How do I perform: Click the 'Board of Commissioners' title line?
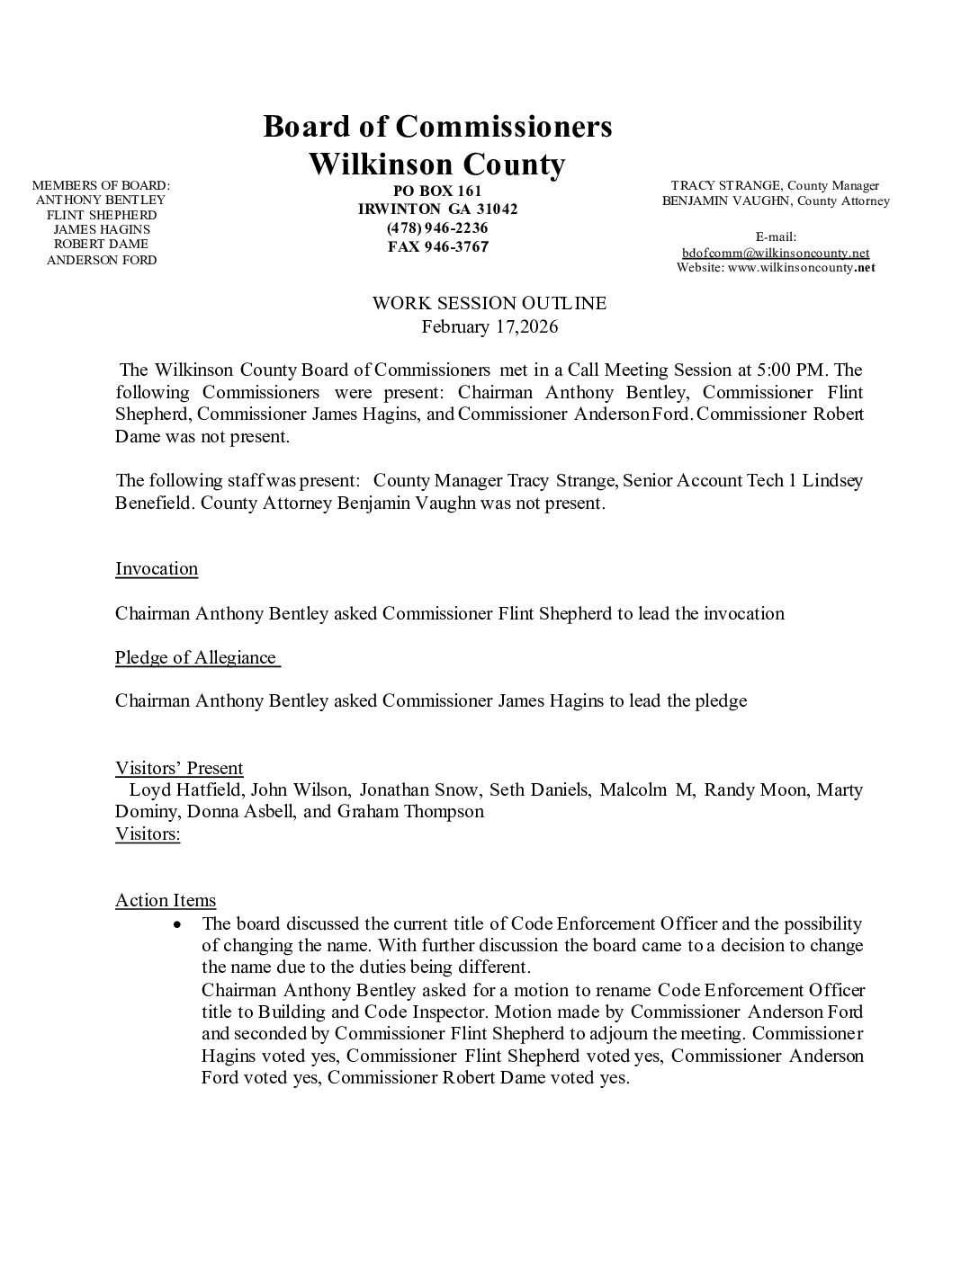coord(437,126)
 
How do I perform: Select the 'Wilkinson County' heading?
coord(437,165)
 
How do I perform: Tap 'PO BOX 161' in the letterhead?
coord(437,191)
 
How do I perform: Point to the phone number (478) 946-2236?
coord(437,227)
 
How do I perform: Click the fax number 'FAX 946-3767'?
coord(437,246)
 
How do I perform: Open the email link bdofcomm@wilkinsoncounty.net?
coord(776,253)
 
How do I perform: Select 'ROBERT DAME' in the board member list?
coord(101,244)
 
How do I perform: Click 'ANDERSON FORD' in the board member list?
coord(101,260)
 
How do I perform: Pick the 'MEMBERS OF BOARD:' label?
coord(101,185)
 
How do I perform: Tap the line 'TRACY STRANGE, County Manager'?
coord(775,185)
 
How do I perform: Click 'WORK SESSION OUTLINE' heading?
coord(489,303)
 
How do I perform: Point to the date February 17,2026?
coord(489,326)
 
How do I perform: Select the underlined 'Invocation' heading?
coord(157,568)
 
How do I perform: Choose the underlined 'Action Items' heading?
coord(166,900)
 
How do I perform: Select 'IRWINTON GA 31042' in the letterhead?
coord(437,210)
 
